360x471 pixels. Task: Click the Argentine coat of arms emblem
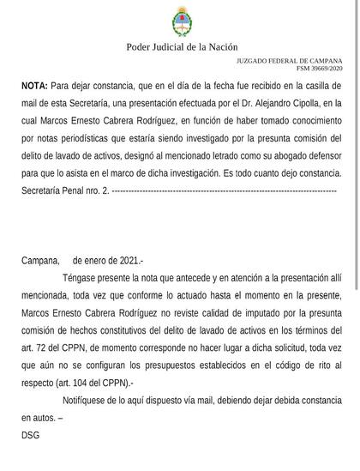pos(179,20)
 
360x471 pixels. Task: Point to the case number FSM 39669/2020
pos(318,68)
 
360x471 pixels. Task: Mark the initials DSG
pos(31,436)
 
